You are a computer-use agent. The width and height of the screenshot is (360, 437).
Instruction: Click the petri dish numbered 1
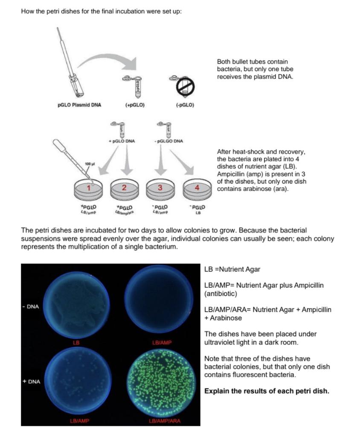click(x=88, y=188)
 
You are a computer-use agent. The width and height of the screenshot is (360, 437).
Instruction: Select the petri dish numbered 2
click(x=124, y=188)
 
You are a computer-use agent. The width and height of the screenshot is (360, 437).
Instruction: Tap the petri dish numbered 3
click(x=160, y=188)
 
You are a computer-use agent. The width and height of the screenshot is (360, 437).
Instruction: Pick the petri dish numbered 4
click(x=197, y=188)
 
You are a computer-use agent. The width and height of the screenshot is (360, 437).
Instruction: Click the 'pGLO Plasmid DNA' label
click(x=79, y=105)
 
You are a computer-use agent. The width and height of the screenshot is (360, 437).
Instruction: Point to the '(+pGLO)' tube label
click(x=134, y=105)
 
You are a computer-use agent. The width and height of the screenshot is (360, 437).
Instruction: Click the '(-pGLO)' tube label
click(x=185, y=105)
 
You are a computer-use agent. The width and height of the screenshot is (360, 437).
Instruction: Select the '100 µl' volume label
click(x=89, y=164)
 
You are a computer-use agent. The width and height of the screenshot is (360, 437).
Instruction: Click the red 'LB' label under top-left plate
click(x=76, y=342)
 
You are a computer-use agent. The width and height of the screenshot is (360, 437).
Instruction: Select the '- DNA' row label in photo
click(x=31, y=306)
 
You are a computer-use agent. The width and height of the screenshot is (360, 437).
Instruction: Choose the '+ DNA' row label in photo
click(x=32, y=381)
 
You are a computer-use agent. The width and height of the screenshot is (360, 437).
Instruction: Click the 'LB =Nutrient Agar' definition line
click(x=232, y=269)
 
